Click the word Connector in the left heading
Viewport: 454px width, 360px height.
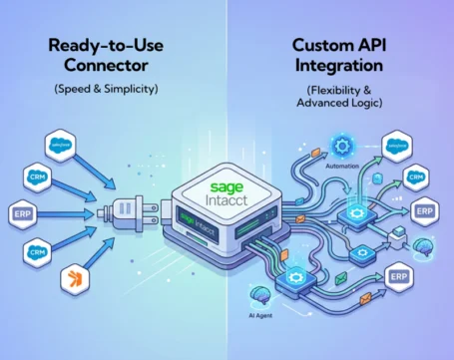(x=94, y=68)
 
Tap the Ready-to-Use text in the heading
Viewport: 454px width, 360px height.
(x=94, y=46)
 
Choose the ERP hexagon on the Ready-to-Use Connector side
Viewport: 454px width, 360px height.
(x=24, y=212)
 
